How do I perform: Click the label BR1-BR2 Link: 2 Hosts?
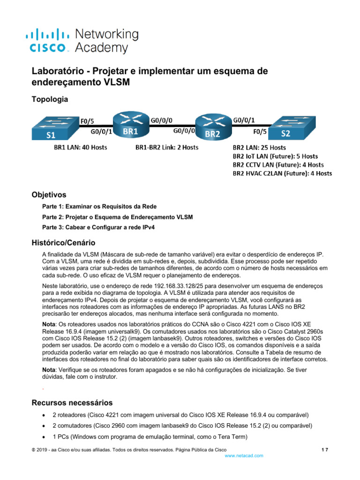167,147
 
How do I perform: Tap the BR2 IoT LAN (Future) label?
275,156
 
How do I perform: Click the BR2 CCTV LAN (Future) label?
278,165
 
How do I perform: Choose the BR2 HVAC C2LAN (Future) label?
282,173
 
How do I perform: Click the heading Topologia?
49,99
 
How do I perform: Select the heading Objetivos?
49,195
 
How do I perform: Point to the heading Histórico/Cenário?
63,243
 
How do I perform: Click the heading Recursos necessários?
72,403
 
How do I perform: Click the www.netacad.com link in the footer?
244,456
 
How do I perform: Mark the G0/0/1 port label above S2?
244,120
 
